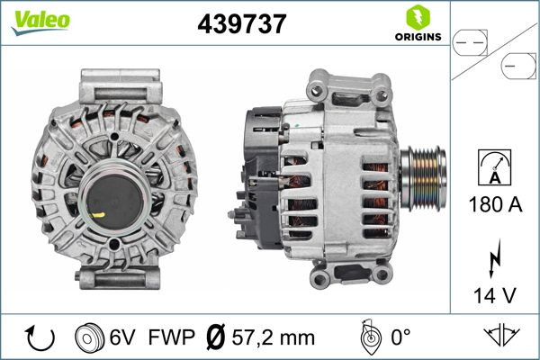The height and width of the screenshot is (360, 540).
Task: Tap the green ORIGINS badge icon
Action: click(416, 16)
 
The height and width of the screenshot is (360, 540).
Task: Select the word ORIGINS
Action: click(416, 37)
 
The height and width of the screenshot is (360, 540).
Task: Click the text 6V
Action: click(124, 338)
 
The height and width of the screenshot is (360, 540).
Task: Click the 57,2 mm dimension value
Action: click(274, 338)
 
